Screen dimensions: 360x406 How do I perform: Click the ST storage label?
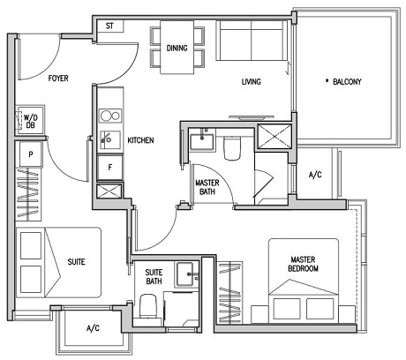click(x=109, y=26)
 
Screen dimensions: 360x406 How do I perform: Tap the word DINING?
click(x=177, y=49)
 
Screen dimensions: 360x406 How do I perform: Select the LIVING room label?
click(x=254, y=83)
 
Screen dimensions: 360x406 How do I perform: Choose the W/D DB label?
click(x=30, y=120)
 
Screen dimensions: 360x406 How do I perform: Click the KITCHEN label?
click(x=142, y=139)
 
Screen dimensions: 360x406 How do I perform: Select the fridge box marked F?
click(x=109, y=165)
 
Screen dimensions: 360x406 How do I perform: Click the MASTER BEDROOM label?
click(x=303, y=263)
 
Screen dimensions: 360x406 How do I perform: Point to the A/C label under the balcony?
click(x=315, y=175)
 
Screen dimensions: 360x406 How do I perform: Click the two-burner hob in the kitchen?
click(x=109, y=115)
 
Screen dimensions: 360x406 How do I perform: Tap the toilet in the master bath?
click(x=232, y=147)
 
